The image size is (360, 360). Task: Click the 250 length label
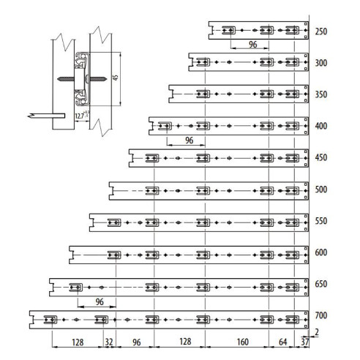point(321,31)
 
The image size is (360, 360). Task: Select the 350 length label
point(321,94)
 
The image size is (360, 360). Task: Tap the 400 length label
point(321,127)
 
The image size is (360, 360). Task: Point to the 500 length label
point(321,190)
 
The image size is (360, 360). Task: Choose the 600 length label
point(321,253)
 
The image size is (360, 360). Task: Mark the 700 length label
point(321,316)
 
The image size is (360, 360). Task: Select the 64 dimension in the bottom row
point(282,341)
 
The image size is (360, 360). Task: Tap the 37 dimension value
point(304,341)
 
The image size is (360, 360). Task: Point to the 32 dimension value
point(109,341)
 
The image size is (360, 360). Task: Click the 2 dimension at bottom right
point(316,332)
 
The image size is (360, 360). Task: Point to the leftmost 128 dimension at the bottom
point(77,341)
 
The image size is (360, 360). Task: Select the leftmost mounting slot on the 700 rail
point(50,318)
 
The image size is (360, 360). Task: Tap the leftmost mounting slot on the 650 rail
point(75,286)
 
